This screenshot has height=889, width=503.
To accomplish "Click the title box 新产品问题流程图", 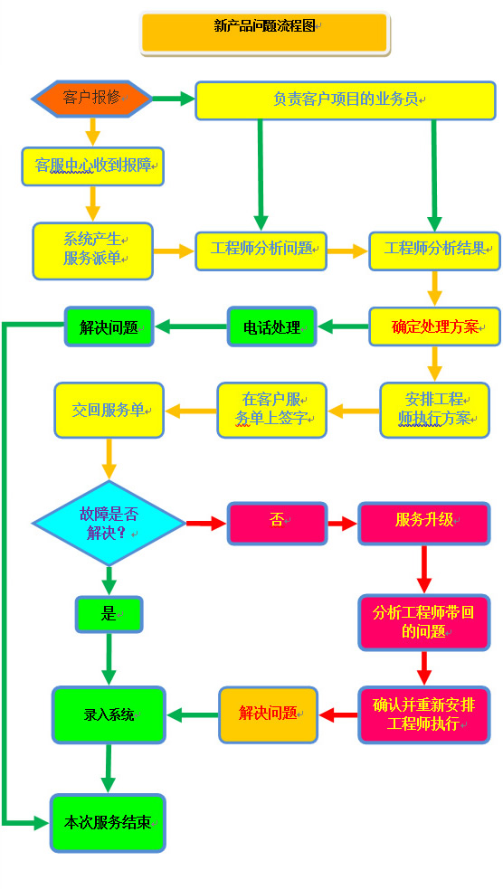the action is click(264, 33).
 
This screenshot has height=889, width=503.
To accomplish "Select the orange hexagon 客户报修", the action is click(91, 99).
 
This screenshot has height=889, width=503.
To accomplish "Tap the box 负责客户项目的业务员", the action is click(346, 100).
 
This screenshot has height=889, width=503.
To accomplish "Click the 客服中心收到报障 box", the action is click(93, 166).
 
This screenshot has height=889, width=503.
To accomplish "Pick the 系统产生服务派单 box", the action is click(93, 251).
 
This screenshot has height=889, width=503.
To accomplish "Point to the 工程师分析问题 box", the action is click(261, 251).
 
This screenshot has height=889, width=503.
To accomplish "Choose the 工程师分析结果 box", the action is click(435, 251).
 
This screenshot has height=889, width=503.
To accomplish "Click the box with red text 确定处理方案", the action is click(435, 326).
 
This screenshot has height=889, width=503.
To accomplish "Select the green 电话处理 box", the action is click(272, 326).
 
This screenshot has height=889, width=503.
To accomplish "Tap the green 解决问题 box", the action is click(109, 326).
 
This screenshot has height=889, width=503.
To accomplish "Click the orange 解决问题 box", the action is click(268, 714).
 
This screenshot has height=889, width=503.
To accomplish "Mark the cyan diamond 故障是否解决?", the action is click(109, 524).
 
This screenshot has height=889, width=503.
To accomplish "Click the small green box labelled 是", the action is click(109, 614).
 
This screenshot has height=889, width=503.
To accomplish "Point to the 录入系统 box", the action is click(109, 714).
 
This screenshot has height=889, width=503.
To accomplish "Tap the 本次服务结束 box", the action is click(108, 823).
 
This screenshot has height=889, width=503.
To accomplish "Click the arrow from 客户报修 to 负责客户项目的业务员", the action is click(174, 99).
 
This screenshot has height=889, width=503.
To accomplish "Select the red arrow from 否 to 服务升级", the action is click(343, 524).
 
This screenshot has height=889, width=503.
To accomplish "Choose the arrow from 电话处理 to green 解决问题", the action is click(191, 326).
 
